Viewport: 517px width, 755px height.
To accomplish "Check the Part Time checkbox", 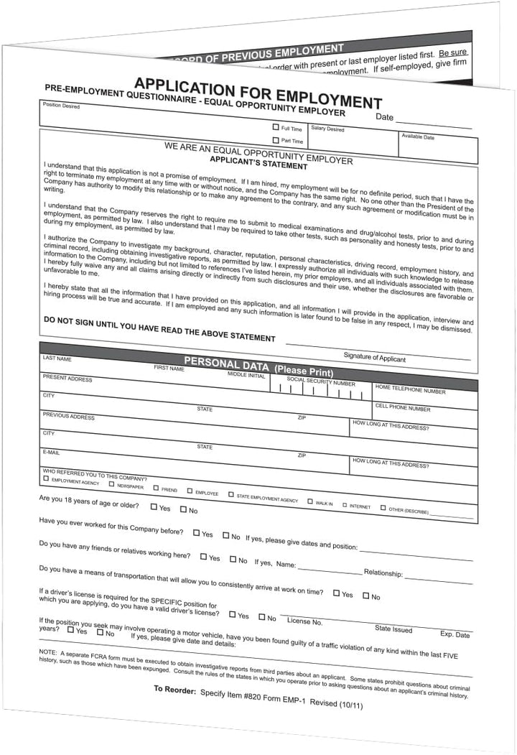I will pos(276,140).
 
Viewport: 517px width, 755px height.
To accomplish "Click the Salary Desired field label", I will pos(327,129).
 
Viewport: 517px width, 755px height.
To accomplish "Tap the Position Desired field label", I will pos(61,106).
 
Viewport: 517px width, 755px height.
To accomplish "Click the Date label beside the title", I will pos(384,117).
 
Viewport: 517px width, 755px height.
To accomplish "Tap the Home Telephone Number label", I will pos(409,392).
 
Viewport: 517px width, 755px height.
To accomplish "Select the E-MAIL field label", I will pos(51,452).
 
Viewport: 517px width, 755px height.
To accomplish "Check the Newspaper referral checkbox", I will pos(111,484).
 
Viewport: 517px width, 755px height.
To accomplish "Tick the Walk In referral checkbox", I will pos(310,501).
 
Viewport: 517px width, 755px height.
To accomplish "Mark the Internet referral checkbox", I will pos(344,504).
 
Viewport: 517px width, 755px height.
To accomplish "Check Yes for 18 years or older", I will pos(154,506).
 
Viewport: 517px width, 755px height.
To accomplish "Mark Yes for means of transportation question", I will pos(336,593).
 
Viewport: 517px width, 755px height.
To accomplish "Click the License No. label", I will pos(304,621).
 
